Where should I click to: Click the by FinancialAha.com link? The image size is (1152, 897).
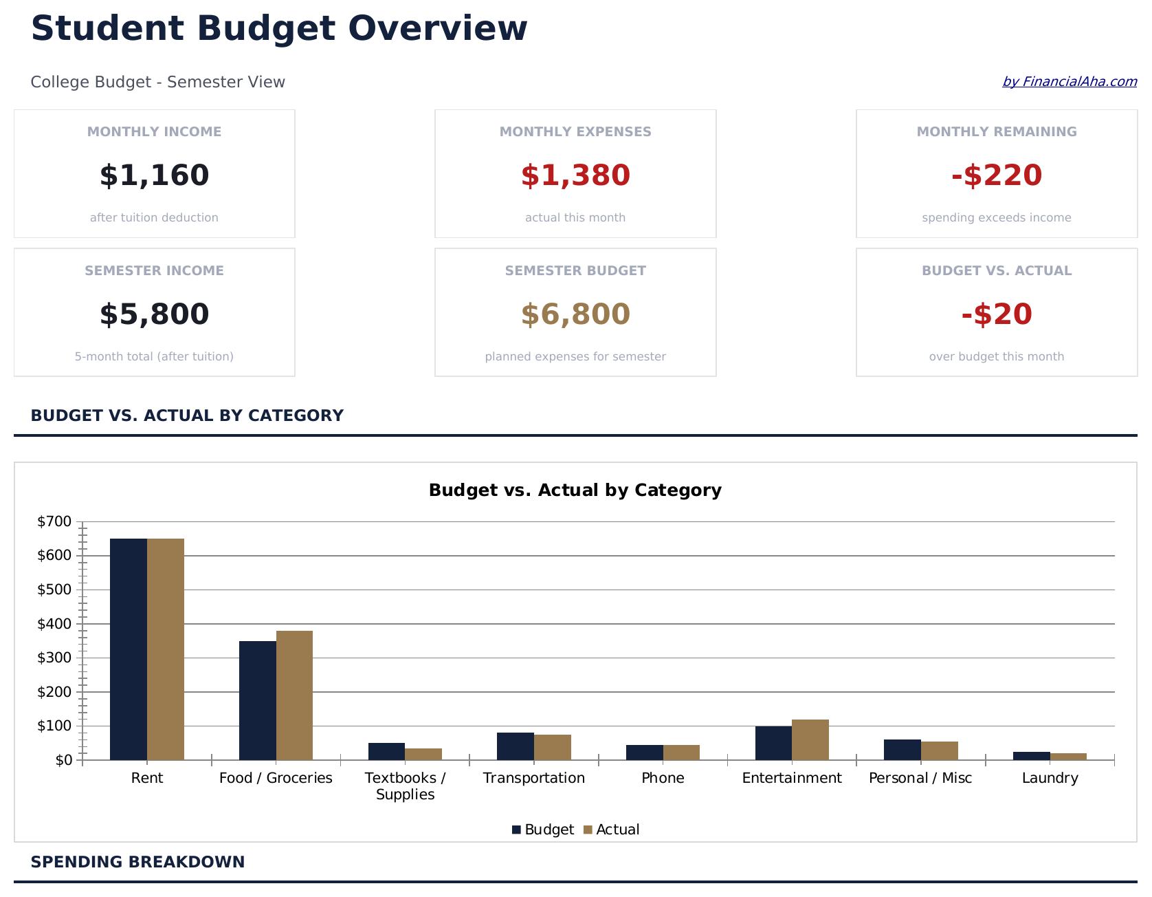[x=1069, y=81]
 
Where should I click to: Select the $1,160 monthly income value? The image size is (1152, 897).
[x=154, y=175]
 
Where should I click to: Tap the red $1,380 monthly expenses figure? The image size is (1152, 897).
[x=575, y=175]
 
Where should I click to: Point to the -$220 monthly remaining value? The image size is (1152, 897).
[x=996, y=175]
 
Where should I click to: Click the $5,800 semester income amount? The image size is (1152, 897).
[x=154, y=314]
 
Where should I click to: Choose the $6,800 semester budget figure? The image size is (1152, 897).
[x=575, y=314]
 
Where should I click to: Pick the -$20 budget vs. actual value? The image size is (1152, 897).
[x=996, y=314]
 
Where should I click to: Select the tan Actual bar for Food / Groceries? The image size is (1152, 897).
[x=294, y=695]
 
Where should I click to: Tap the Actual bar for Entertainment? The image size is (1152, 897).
[x=810, y=739]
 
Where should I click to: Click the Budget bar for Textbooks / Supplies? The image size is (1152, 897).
[x=386, y=751]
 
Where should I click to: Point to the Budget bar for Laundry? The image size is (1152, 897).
[x=1031, y=756]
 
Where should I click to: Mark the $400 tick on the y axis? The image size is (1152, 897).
[x=54, y=624]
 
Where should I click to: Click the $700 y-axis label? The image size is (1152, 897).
[x=54, y=521]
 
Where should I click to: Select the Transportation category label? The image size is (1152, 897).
[x=533, y=778]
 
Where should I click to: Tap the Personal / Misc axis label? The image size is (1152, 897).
[x=920, y=778]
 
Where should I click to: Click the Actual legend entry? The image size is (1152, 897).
[x=611, y=830]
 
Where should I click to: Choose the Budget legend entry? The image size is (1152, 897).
[x=542, y=830]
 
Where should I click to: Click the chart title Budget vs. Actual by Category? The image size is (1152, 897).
[x=575, y=490]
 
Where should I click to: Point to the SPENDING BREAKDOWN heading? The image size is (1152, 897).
[x=137, y=862]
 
